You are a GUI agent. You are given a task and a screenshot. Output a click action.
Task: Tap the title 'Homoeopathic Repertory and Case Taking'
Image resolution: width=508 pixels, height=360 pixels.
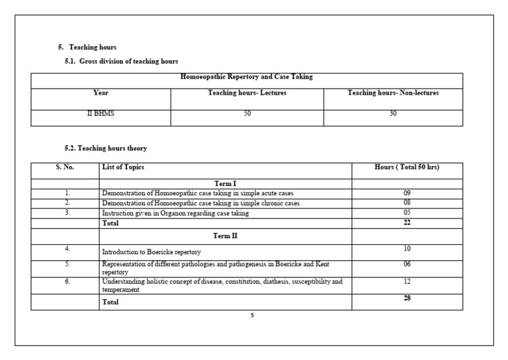pyautogui.click(x=247, y=77)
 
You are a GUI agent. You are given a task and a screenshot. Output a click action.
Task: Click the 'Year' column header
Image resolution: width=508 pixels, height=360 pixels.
pyautogui.click(x=101, y=93)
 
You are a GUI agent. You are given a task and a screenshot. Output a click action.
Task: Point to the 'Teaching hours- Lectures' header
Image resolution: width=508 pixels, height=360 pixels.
pyautogui.click(x=247, y=93)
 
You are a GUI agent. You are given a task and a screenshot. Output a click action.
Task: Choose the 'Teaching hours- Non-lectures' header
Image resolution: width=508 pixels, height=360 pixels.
pyautogui.click(x=393, y=93)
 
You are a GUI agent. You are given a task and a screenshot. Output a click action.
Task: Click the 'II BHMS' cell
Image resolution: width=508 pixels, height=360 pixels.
pyautogui.click(x=101, y=114)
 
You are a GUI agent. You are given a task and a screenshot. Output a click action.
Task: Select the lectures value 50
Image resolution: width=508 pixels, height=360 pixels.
pyautogui.click(x=247, y=114)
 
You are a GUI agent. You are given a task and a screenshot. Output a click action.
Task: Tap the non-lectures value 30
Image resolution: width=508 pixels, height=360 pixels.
pyautogui.click(x=393, y=114)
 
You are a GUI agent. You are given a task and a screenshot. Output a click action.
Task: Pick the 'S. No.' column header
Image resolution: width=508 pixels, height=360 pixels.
pyautogui.click(x=65, y=167)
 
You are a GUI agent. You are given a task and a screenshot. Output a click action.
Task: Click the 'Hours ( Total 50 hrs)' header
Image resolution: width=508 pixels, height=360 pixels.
pyautogui.click(x=407, y=167)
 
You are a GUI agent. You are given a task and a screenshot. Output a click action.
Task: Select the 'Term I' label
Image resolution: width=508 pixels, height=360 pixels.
pyautogui.click(x=226, y=183)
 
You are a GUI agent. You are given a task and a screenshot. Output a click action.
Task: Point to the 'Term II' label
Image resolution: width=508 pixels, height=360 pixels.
pyautogui.click(x=226, y=236)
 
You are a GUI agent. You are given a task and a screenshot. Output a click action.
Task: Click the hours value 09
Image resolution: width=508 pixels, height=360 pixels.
pyautogui.click(x=407, y=193)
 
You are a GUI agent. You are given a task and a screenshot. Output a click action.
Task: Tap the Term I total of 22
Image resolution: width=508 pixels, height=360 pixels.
pyautogui.click(x=407, y=223)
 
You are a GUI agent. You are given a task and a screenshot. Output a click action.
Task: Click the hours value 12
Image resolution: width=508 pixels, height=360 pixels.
pyautogui.click(x=407, y=282)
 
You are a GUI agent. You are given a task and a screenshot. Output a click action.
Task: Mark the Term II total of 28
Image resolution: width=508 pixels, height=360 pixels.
pyautogui.click(x=407, y=299)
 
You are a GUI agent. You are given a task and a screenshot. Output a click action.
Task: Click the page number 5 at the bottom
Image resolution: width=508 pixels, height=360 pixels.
pyautogui.click(x=252, y=316)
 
